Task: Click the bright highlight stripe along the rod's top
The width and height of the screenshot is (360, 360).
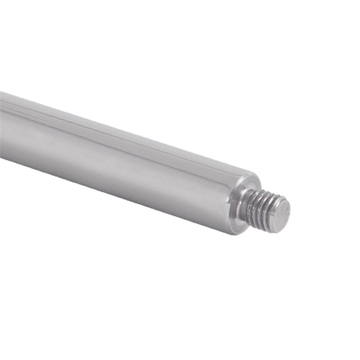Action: (x=90, y=115)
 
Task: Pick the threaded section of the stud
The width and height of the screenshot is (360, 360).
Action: (x=261, y=208)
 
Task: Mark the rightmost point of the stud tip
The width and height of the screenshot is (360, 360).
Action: (x=290, y=211)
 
